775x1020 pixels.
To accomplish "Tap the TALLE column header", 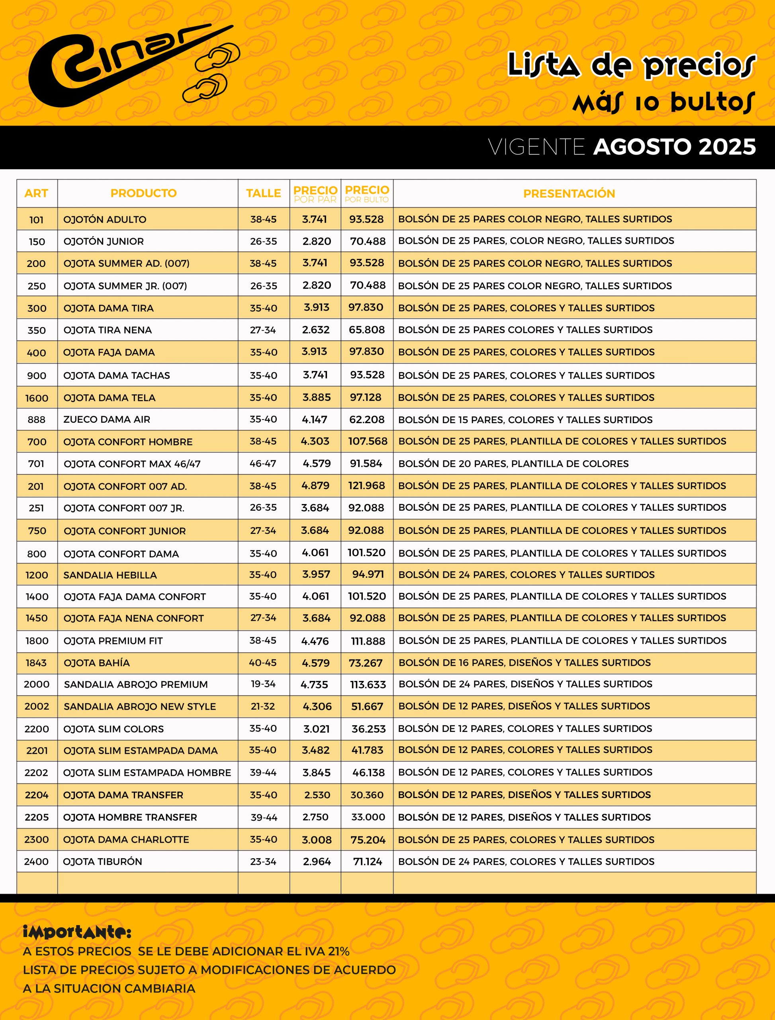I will [263, 193].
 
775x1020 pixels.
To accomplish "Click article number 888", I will [37, 420].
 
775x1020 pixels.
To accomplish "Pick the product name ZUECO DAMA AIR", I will [107, 420].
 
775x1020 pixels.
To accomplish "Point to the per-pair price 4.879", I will [315, 486].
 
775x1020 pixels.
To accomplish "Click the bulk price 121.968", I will [367, 486].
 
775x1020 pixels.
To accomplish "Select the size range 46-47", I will [263, 463].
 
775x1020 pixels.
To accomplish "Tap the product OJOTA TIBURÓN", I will [102, 861].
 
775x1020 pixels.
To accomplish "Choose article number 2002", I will [37, 706].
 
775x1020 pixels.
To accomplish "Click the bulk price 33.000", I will [368, 817].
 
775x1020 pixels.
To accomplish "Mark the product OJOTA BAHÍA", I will [97, 663].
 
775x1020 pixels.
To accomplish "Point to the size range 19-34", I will [263, 684].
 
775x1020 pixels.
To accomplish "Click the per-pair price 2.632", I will [316, 330].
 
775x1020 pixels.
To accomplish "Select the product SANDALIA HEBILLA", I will [110, 575].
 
